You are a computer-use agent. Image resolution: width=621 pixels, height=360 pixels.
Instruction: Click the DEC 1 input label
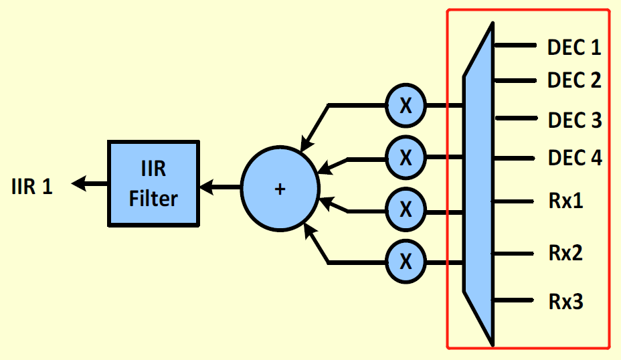[x=573, y=48]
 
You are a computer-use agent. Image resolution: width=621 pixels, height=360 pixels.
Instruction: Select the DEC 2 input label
[x=573, y=80]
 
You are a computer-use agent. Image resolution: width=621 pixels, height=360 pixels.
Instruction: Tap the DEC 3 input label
[x=574, y=120]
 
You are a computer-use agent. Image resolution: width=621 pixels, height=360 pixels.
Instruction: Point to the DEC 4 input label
[x=574, y=159]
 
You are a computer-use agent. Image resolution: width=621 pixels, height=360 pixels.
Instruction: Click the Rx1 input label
[x=565, y=201]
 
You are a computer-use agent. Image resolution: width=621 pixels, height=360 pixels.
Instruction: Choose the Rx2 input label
[x=565, y=254]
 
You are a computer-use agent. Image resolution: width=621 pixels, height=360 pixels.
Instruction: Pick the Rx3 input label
[x=565, y=301]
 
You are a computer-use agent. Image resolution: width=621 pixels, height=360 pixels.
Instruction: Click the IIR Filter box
[x=153, y=183]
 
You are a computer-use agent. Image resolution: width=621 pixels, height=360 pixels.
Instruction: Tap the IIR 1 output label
[x=31, y=185]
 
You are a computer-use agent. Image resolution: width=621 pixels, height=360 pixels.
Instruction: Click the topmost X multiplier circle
[x=406, y=106]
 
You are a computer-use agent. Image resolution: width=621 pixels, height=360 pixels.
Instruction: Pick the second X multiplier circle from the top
[x=406, y=157]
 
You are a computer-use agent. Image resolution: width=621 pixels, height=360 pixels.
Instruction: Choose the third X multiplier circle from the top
[x=406, y=209]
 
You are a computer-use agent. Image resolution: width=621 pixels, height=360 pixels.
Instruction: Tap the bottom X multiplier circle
[x=406, y=261]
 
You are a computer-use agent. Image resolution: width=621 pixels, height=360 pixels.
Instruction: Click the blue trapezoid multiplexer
[x=478, y=184]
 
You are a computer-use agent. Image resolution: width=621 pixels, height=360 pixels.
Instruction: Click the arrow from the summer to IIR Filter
[x=221, y=187]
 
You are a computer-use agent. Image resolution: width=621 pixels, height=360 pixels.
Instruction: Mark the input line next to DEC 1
[x=515, y=46]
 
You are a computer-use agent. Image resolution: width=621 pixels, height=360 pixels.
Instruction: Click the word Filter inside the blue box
[x=153, y=198]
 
